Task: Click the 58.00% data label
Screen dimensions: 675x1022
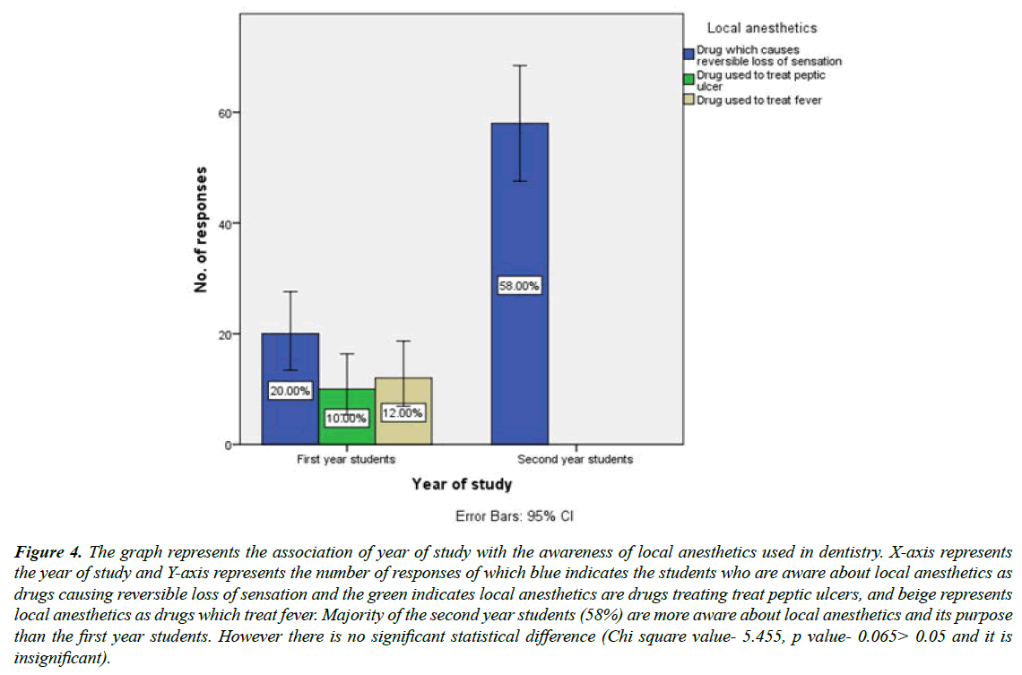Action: pos(519,286)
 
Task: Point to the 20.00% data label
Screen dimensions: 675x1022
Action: pos(290,391)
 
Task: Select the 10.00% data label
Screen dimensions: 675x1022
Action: pos(346,418)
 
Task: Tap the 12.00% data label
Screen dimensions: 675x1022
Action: pos(403,412)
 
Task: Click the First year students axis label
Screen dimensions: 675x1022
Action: pos(346,459)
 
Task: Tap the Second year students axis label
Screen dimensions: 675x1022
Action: pos(576,459)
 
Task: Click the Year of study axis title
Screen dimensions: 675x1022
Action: pos(462,484)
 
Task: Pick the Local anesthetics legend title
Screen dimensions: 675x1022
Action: pos(761,29)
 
